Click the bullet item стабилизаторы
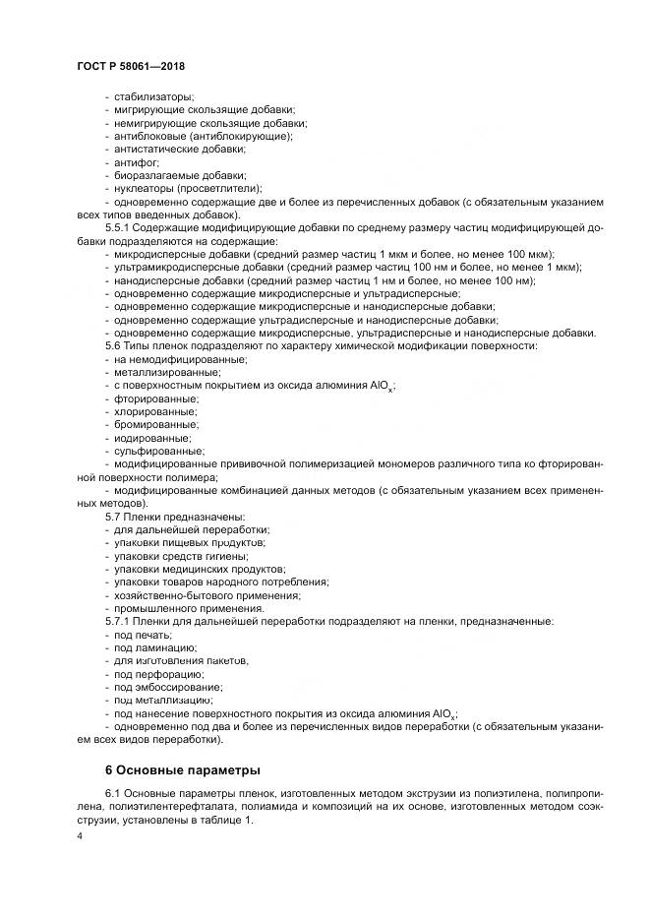coord(154,96)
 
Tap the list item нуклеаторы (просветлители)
coord(188,188)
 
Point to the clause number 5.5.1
coord(119,227)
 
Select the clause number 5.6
coord(114,345)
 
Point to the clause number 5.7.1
coord(119,622)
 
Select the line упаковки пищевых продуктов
coord(189,543)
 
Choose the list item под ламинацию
coord(155,647)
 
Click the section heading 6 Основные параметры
coord(183,768)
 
